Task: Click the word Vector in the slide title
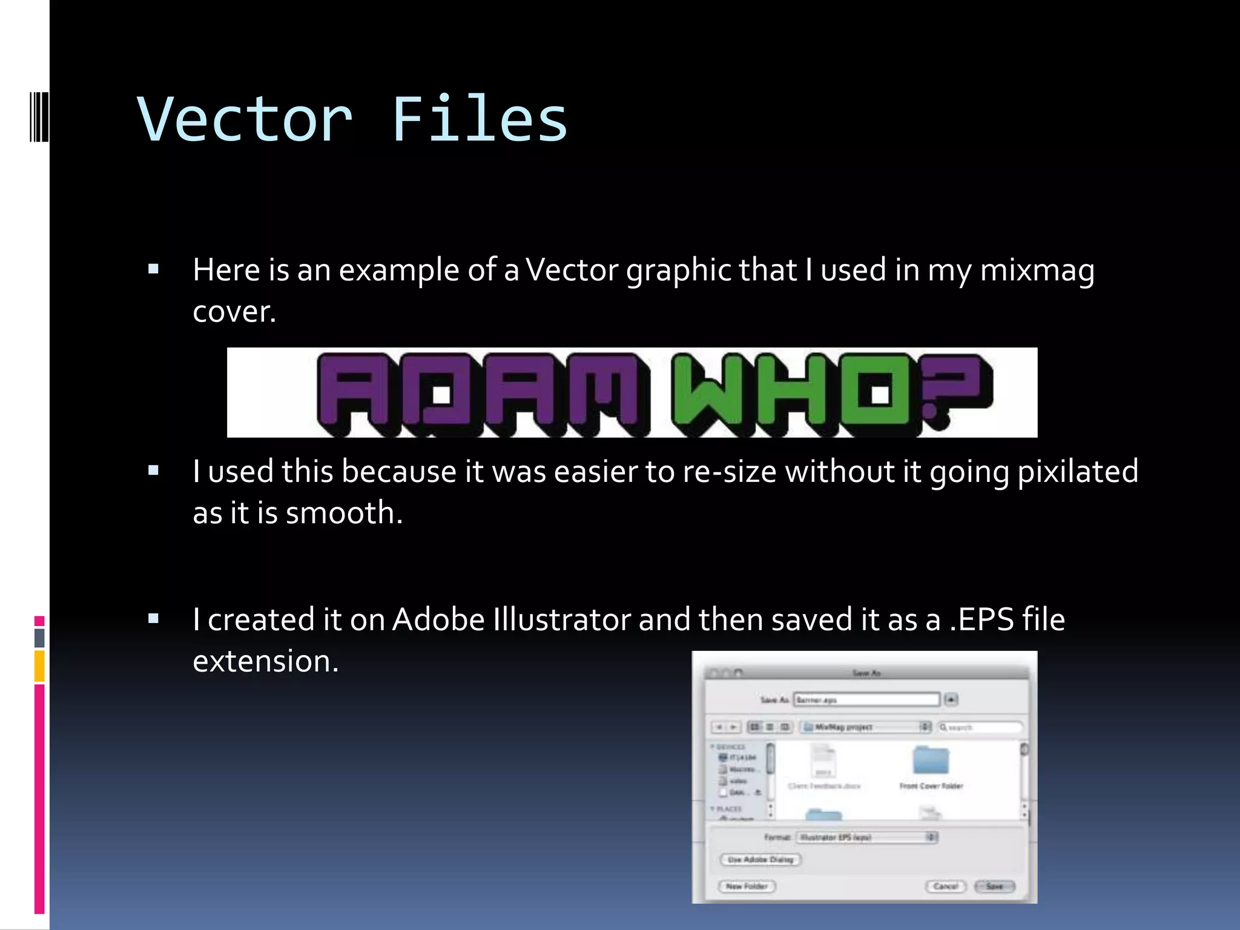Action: pyautogui.click(x=245, y=120)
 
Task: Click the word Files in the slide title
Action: pyautogui.click(x=480, y=120)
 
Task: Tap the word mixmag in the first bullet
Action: pyautogui.click(x=1037, y=270)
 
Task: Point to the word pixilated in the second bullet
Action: pyautogui.click(x=1078, y=472)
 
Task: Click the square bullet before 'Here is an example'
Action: pyautogui.click(x=153, y=269)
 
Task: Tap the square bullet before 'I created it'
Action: pyautogui.click(x=153, y=618)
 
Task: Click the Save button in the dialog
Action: pyautogui.click(x=994, y=886)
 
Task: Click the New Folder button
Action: pyautogui.click(x=747, y=886)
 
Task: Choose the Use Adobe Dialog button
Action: pyautogui.click(x=760, y=860)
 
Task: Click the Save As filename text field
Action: pyautogui.click(x=866, y=700)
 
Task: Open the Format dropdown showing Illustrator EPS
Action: pyautogui.click(x=866, y=837)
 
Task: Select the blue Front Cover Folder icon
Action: pyautogui.click(x=931, y=760)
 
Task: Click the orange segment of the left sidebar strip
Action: pyautogui.click(x=39, y=666)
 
